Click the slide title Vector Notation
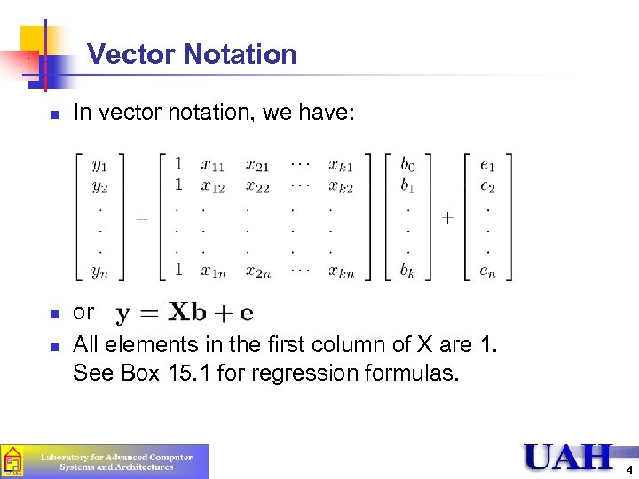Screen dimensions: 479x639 pyautogui.click(x=192, y=55)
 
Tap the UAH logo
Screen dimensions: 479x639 pyautogui.click(x=568, y=457)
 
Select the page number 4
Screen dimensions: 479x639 pyautogui.click(x=628, y=469)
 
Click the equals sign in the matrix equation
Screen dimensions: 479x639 pyautogui.click(x=140, y=217)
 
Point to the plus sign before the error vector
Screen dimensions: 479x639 pyautogui.click(x=447, y=217)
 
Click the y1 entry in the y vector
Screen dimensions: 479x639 pyautogui.click(x=99, y=164)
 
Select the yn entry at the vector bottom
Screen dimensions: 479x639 pyautogui.click(x=99, y=271)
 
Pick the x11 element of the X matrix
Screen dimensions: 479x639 pyautogui.click(x=212, y=164)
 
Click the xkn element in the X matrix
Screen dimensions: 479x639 pyautogui.click(x=341, y=271)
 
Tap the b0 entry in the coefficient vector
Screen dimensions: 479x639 pyautogui.click(x=406, y=164)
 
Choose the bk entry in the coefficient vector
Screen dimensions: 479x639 pyautogui.click(x=406, y=271)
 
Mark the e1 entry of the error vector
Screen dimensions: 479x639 pyautogui.click(x=487, y=164)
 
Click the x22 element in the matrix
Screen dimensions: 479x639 pyautogui.click(x=259, y=187)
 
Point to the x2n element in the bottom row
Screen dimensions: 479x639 pyautogui.click(x=259, y=271)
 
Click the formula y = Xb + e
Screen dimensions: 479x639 pyautogui.click(x=185, y=313)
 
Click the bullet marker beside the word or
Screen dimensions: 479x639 pyautogui.click(x=54, y=313)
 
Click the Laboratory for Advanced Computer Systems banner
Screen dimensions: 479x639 pyautogui.click(x=105, y=461)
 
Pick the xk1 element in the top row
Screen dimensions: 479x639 pyautogui.click(x=341, y=164)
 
